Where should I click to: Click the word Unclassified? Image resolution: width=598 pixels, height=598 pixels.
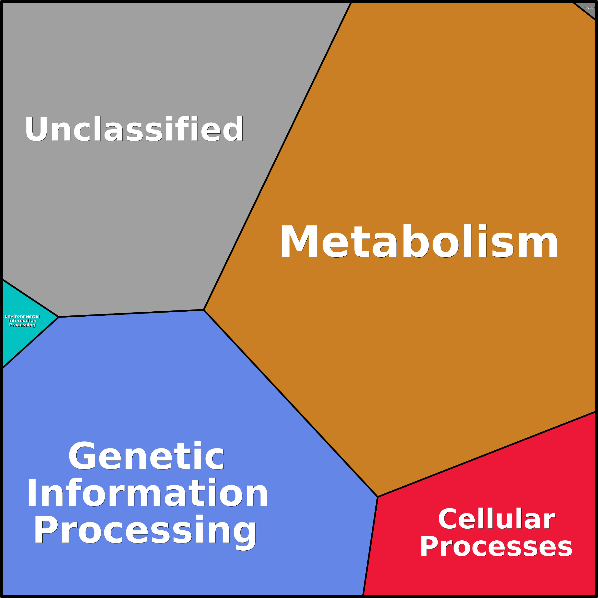tap(134, 129)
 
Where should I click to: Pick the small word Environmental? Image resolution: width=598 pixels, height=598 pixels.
tap(22, 316)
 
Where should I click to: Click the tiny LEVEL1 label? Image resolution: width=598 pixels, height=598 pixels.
tap(589, 8)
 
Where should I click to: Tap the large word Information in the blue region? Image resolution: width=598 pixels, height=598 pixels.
tap(147, 493)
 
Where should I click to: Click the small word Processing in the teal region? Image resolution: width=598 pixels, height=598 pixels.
tap(22, 325)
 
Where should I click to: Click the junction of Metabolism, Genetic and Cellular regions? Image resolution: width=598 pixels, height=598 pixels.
tap(378, 497)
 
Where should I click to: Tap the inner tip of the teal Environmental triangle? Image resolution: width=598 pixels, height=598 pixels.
tap(59, 317)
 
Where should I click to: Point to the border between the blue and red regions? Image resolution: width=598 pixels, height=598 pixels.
tap(370, 546)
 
